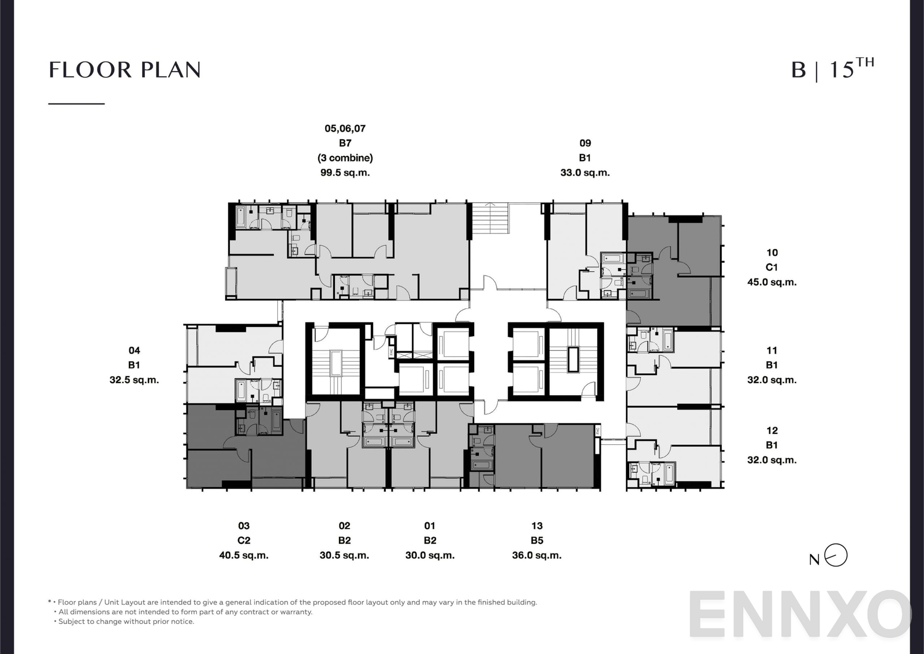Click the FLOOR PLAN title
click(125, 70)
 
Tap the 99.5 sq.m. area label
click(345, 172)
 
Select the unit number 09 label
click(585, 143)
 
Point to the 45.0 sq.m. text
click(772, 282)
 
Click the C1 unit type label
click(772, 267)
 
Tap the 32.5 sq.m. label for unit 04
click(134, 380)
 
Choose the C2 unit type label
click(244, 540)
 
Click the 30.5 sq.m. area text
click(344, 555)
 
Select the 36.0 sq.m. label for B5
click(536, 555)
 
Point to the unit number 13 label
click(536, 526)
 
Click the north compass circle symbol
click(836, 556)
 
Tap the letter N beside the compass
click(814, 559)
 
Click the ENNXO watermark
click(800, 615)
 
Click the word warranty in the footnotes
click(296, 612)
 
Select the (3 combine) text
click(345, 158)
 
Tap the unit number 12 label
click(772, 430)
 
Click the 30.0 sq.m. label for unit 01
click(430, 555)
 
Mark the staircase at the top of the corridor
click(491, 218)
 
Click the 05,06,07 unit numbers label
click(345, 128)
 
